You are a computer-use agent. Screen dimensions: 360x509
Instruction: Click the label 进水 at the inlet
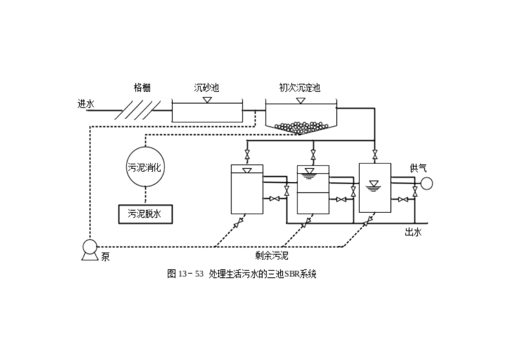pos(86,104)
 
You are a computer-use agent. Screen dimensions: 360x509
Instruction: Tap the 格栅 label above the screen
pos(142,88)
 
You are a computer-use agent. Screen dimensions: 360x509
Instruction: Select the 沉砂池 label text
pos(206,88)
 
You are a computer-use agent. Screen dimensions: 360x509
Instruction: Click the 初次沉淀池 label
pos(300,88)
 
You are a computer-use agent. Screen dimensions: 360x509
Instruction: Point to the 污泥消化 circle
pos(144,167)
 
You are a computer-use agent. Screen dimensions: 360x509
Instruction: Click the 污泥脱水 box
pos(144,214)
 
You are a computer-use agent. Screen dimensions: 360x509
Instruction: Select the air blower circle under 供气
pos(426,183)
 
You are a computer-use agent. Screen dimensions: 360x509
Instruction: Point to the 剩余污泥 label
pos(272,256)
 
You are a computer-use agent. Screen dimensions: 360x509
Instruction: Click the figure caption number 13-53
pos(191,274)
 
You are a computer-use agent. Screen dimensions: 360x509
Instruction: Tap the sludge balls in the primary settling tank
pos(301,127)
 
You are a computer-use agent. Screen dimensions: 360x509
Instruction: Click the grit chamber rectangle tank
pos(207,112)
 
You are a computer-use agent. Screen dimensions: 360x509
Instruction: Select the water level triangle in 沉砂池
pos(207,100)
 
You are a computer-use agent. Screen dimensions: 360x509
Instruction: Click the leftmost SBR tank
pos(246,190)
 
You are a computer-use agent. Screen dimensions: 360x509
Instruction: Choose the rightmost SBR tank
pos(375,187)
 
